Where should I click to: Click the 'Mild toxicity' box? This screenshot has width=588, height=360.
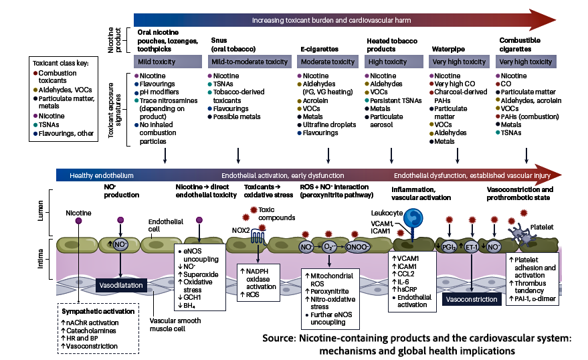tap(168, 62)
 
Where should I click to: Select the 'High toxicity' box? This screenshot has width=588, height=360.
tap(394, 62)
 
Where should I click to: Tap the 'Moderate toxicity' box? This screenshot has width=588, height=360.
tap(328, 62)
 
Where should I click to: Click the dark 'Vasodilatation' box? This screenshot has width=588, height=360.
tap(121, 285)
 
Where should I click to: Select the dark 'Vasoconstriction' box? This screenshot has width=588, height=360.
tap(472, 299)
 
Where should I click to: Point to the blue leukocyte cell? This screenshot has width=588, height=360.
tap(413, 219)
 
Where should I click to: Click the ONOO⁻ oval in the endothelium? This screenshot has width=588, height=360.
tap(357, 247)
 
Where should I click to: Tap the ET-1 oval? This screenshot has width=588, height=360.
tap(471, 247)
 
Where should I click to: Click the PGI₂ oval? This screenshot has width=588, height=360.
tap(448, 247)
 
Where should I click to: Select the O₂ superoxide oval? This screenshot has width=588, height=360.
tap(329, 247)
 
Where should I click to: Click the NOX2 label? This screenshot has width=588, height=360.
tap(241, 230)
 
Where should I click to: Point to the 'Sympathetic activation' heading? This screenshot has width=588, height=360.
tap(98, 311)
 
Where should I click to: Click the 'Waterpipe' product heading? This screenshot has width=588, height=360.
tap(448, 49)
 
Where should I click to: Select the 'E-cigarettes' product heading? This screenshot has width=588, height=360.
tap(320, 49)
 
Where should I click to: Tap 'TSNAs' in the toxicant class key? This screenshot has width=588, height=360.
tap(49, 124)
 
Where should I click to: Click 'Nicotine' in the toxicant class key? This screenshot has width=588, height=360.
tap(52, 116)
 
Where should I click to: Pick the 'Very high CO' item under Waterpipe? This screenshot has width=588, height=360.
tap(454, 84)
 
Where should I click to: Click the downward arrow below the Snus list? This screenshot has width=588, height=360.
tap(238, 156)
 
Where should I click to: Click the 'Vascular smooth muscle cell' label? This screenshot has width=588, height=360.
tap(175, 325)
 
